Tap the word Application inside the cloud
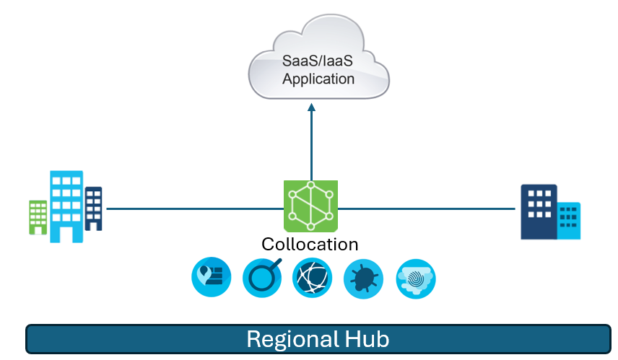tap(318, 79)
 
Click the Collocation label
tap(310, 245)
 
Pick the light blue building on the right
tap(570, 220)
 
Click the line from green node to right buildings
tap(426, 208)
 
